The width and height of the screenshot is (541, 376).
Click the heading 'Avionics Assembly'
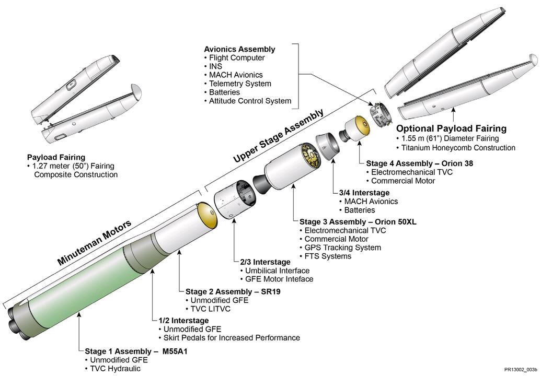click(239, 49)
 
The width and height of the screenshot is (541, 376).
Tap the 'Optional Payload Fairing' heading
click(451, 128)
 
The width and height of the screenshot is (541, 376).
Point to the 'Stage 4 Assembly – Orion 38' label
click(420, 163)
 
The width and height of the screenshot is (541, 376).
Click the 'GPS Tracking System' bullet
click(340, 248)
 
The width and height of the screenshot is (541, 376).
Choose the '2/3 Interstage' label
click(266, 262)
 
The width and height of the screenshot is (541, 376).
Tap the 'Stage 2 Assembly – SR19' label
click(233, 291)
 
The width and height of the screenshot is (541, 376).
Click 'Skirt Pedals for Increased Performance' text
click(229, 338)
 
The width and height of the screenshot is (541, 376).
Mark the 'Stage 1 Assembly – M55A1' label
click(136, 351)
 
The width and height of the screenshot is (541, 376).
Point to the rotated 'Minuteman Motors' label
click(94, 242)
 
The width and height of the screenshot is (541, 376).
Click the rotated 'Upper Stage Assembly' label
click(279, 135)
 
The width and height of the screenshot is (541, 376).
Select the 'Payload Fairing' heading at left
click(56, 158)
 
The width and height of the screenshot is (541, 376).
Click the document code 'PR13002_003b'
click(521, 370)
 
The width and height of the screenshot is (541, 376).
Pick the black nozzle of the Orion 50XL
click(262, 184)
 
